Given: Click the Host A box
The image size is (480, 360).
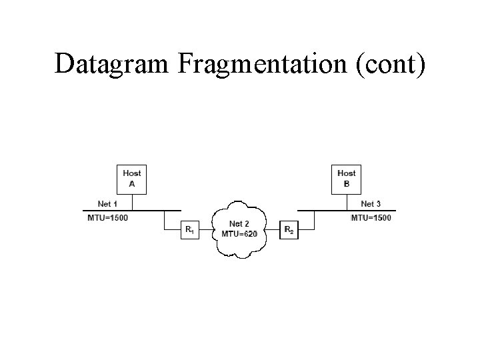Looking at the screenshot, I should [131, 178].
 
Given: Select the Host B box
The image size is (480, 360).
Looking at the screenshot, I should [346, 178].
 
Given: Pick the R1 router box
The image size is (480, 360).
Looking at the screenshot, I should [189, 230].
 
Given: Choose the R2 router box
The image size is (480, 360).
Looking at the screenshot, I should [289, 230].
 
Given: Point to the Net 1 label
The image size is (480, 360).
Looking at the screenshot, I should [107, 203].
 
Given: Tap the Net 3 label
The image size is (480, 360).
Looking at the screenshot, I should [371, 203].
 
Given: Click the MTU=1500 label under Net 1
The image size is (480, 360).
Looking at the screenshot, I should [108, 218].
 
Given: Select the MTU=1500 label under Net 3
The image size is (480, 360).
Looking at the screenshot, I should [371, 218].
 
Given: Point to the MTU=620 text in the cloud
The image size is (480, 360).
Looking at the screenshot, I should [239, 234].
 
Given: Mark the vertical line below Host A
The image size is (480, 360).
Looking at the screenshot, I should [131, 201].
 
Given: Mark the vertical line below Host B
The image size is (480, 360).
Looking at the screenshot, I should [346, 201].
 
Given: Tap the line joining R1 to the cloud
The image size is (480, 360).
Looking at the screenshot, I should [206, 230].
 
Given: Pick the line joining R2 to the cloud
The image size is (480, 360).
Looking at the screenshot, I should [273, 230].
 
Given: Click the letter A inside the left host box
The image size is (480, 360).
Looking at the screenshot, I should [131, 183].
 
